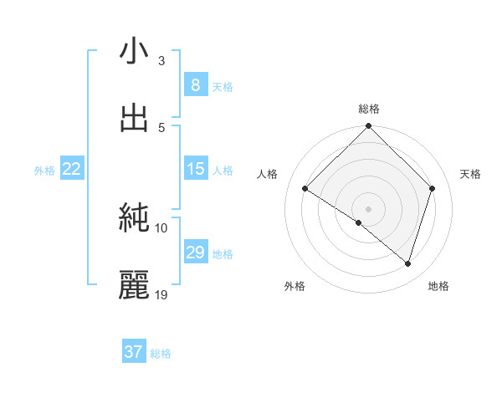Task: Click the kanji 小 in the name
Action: pyautogui.click(x=134, y=52)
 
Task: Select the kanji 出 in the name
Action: pyautogui.click(x=134, y=118)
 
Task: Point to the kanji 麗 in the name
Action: pyautogui.click(x=134, y=284)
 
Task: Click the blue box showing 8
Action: pyautogui.click(x=195, y=85)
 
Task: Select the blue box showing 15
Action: pyautogui.click(x=195, y=169)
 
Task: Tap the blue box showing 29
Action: pyautogui.click(x=195, y=253)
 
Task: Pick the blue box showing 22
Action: pyautogui.click(x=71, y=169)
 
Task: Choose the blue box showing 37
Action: pyautogui.click(x=133, y=352)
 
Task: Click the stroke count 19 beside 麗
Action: pyautogui.click(x=162, y=295)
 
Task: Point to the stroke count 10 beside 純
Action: pyautogui.click(x=162, y=227)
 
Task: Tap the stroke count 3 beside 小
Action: pyautogui.click(x=161, y=61)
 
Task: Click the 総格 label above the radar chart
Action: pyautogui.click(x=369, y=109)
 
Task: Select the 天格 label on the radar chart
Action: pyautogui.click(x=470, y=174)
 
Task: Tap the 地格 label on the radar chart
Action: pyautogui.click(x=438, y=286)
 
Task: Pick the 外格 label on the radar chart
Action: pyautogui.click(x=295, y=286)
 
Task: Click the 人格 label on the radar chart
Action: pyautogui.click(x=268, y=174)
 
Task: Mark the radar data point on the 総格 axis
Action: pyautogui.click(x=368, y=127)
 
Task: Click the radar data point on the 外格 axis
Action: pyautogui.click(x=358, y=222)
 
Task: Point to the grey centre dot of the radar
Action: pyautogui.click(x=368, y=208)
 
